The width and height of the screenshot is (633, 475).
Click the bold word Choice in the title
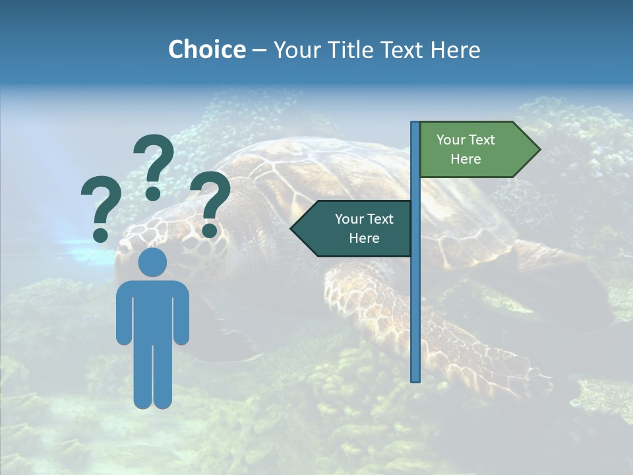(206, 49)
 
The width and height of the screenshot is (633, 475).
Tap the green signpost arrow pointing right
(475, 149)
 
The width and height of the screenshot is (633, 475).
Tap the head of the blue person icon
(152, 262)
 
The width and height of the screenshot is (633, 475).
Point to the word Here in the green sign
(466, 159)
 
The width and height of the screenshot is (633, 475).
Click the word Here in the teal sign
(364, 238)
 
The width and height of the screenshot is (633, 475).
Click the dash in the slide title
(259, 50)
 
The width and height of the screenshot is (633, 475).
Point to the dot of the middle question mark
(153, 193)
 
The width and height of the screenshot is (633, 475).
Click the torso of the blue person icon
(152, 310)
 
